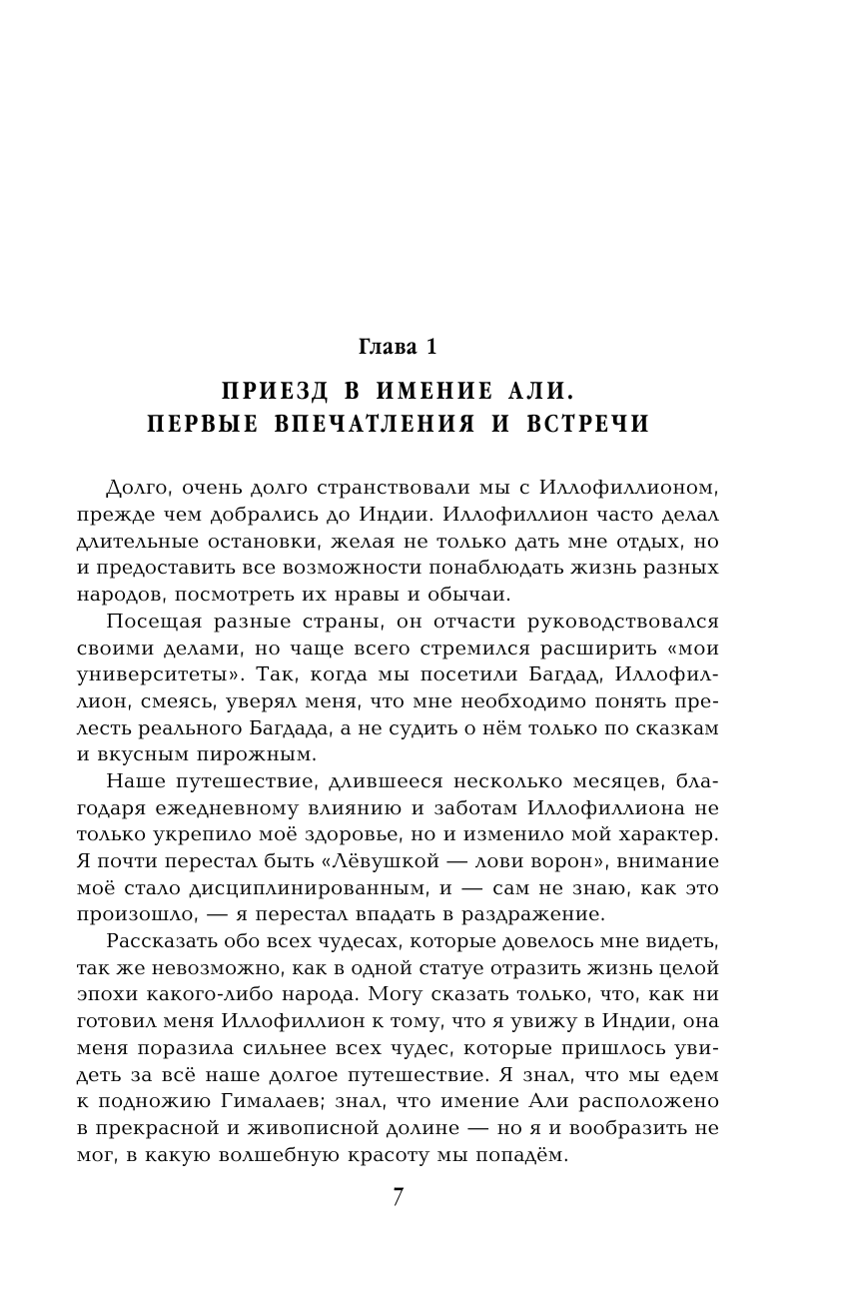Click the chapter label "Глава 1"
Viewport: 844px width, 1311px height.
coord(397,347)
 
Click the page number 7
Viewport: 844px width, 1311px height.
coord(398,1197)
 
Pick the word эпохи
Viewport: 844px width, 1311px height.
coord(108,995)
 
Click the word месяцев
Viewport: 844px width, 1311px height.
coord(581,779)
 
